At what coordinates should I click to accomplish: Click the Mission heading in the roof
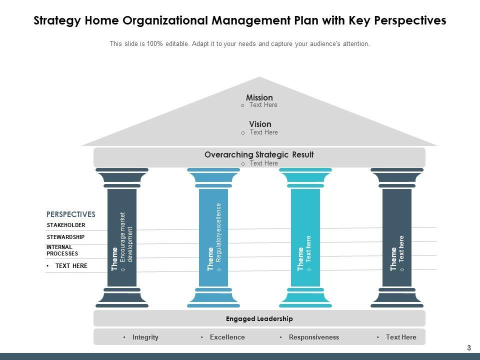pos(259,97)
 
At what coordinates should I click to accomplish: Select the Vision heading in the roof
pos(260,124)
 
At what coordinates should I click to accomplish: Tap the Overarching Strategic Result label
pos(259,155)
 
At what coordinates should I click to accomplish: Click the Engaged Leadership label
pos(259,318)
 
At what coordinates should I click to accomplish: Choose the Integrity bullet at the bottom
pos(145,337)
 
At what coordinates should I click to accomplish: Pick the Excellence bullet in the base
pos(227,337)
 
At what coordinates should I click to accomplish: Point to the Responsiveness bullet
pos(313,337)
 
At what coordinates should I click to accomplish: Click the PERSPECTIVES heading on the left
pos(70,214)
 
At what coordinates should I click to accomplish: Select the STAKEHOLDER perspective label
pos(66,225)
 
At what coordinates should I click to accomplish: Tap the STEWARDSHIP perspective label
pos(65,237)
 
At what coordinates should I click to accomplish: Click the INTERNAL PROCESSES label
pos(62,250)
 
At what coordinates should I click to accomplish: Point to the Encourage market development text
pos(126,238)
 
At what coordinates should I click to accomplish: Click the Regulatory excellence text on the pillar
pos(218,232)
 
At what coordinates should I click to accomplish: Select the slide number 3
pos(469,348)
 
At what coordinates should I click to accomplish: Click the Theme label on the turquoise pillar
pos(300,259)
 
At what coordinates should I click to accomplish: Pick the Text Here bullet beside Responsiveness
pos(401,337)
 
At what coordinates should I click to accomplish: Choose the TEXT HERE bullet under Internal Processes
pos(71,266)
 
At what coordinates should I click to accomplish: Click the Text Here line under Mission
pos(263,105)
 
